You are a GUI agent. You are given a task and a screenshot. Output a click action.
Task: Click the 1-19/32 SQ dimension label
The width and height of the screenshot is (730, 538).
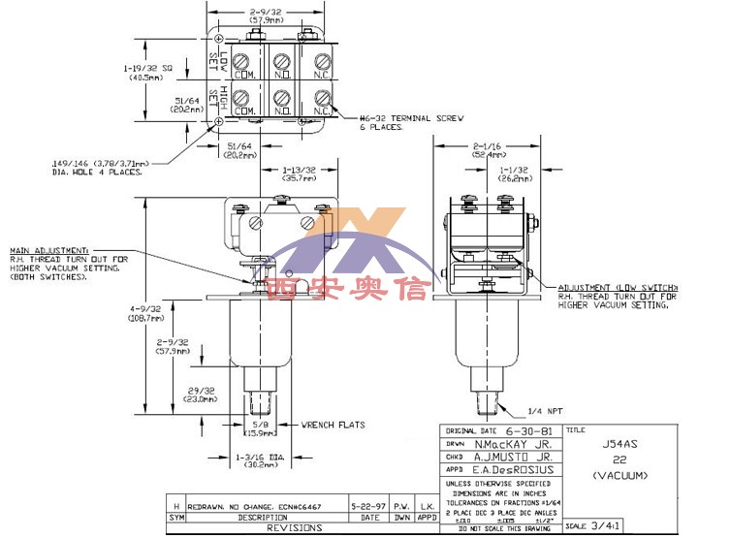click(x=147, y=70)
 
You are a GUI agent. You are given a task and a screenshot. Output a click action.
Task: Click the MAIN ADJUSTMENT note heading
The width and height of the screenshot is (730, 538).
click(x=49, y=249)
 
